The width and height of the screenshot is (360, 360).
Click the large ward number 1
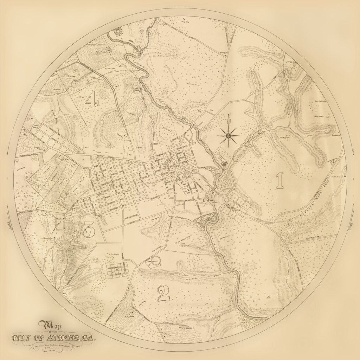pos(280,181)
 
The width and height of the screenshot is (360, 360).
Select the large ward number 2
pos(163,293)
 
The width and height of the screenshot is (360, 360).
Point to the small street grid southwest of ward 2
pos(117,270)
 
